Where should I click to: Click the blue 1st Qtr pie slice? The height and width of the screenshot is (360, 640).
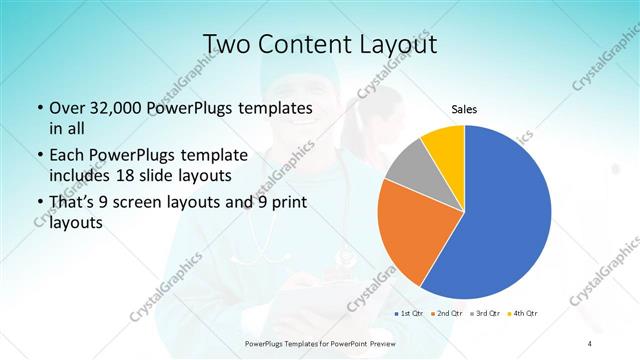[x=510, y=215]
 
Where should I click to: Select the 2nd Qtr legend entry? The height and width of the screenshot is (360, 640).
[x=446, y=314]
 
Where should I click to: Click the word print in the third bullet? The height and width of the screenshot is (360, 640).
[x=287, y=203]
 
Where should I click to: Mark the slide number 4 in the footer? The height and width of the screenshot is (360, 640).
[x=590, y=344]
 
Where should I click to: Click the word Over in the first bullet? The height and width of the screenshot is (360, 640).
[x=66, y=107]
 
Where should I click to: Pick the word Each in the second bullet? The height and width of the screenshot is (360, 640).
[x=67, y=155]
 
